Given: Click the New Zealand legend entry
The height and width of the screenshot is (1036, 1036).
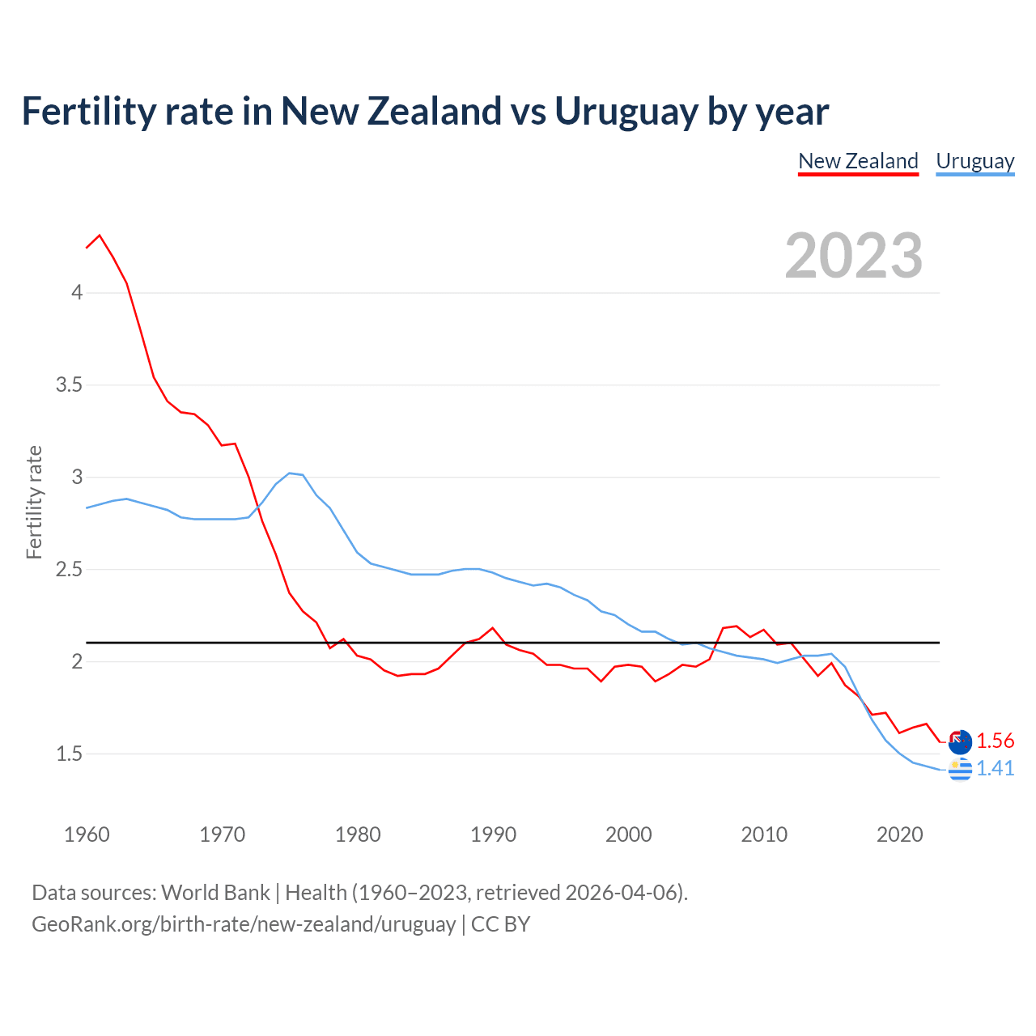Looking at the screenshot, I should click(x=858, y=161).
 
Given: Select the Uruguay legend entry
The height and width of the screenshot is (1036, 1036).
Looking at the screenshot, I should click(x=974, y=161).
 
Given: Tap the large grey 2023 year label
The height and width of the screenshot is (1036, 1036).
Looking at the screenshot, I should click(x=854, y=256).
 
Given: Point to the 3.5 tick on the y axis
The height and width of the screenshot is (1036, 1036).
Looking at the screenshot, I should click(x=70, y=384).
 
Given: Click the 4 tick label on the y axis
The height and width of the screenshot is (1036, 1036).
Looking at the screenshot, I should click(x=77, y=292).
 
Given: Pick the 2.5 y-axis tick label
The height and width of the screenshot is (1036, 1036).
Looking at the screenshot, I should click(x=70, y=569).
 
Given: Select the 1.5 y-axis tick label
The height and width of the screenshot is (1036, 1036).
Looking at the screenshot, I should click(x=70, y=754).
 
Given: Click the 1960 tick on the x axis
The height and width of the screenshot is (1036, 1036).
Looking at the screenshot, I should click(x=87, y=834).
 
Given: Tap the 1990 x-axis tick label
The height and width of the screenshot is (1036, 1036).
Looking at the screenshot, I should click(x=493, y=834).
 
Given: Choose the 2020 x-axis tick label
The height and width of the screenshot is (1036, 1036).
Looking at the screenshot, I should click(x=899, y=834).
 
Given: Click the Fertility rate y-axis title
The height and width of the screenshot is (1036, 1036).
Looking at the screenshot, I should click(x=34, y=502).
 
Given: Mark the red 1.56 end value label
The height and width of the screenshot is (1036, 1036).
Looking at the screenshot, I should click(x=995, y=741).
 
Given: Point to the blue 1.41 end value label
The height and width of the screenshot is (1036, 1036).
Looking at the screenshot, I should click(x=995, y=768).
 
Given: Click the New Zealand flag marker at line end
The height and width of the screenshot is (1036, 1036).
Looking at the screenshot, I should click(x=960, y=741).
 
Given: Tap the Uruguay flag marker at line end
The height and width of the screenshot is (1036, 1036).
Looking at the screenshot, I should click(x=960, y=770).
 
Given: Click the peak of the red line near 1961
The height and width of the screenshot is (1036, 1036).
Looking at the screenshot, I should click(x=100, y=236).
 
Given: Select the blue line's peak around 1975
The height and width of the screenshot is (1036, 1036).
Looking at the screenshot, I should click(x=290, y=473).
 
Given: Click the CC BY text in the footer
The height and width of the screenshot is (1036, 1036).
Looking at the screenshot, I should click(x=500, y=924).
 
